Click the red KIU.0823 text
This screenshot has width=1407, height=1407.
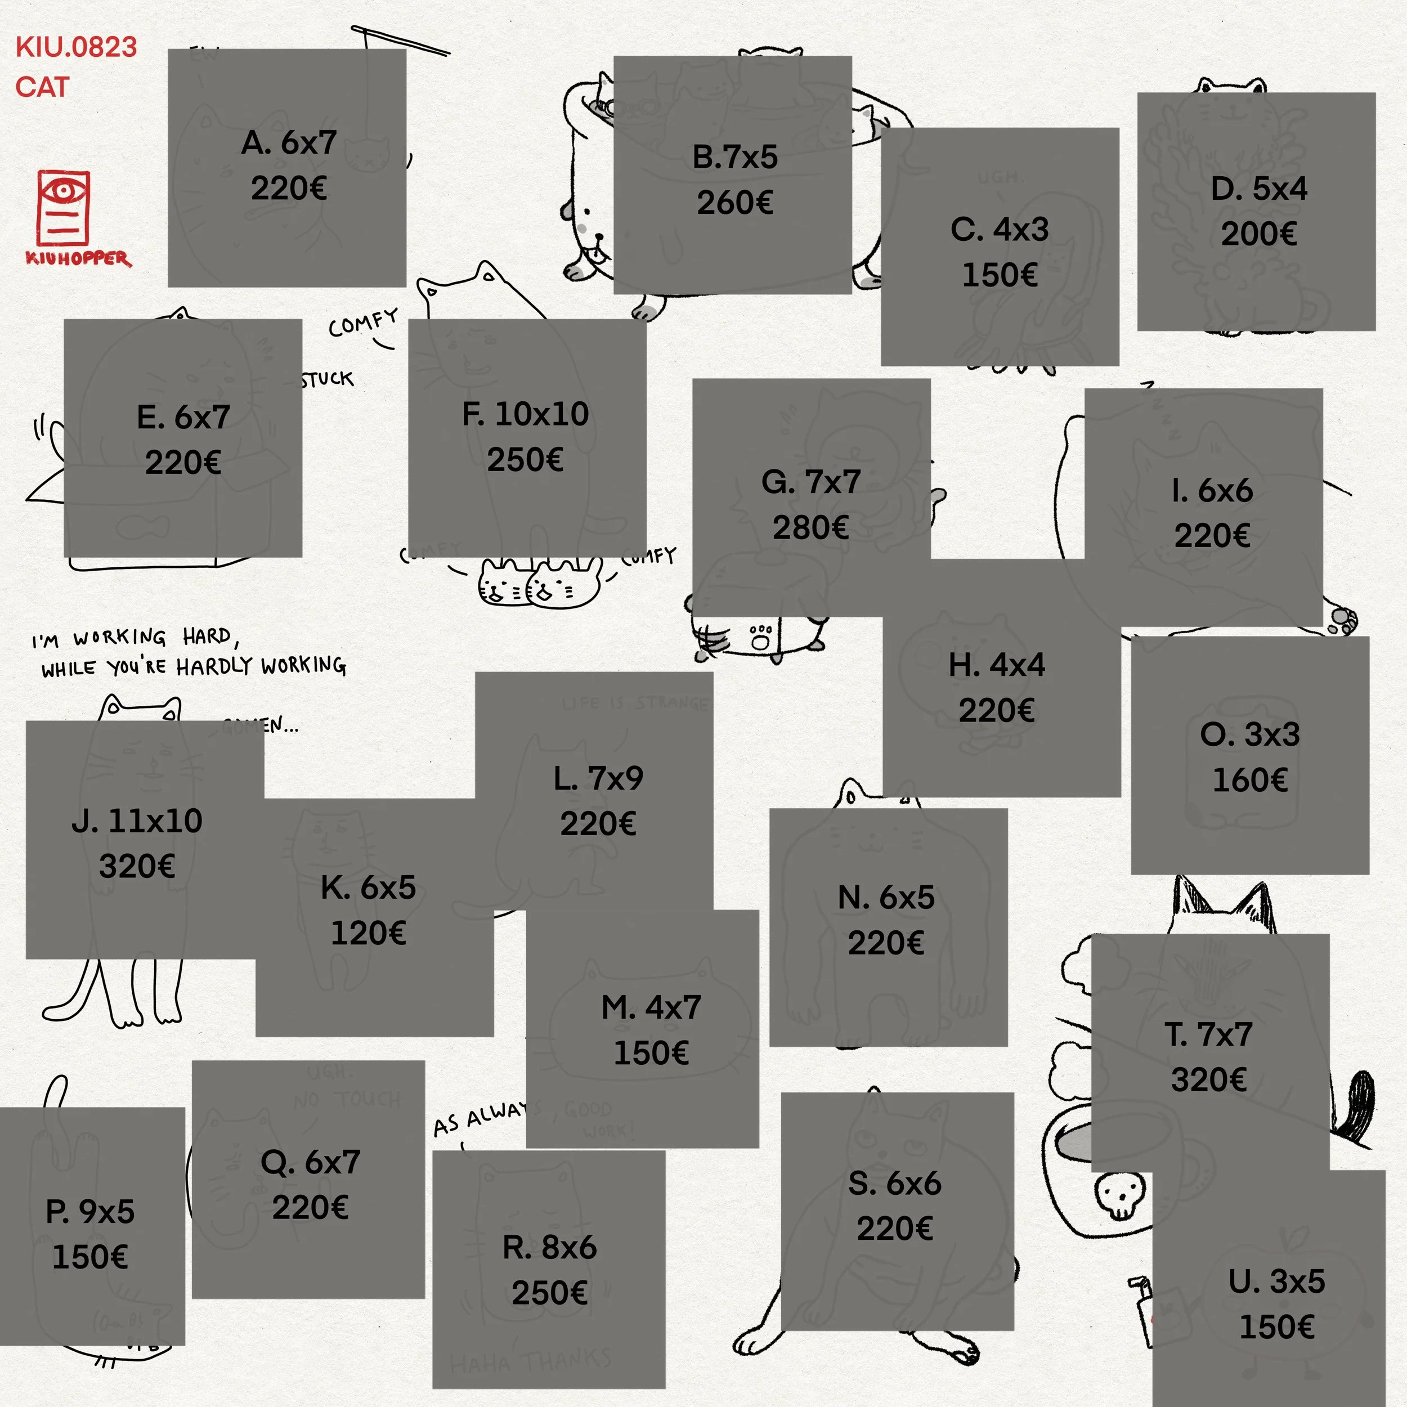pyautogui.click(x=77, y=47)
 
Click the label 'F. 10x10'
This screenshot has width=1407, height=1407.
pyautogui.click(x=525, y=414)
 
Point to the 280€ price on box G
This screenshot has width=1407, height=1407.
pyautogui.click(x=810, y=528)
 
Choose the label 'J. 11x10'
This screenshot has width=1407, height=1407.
pyautogui.click(x=137, y=821)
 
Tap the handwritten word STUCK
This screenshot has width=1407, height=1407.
pyautogui.click(x=328, y=379)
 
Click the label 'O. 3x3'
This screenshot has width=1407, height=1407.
pyautogui.click(x=1249, y=734)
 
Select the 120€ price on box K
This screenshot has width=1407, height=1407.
pyautogui.click(x=369, y=933)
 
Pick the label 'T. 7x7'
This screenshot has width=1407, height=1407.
pyautogui.click(x=1209, y=1034)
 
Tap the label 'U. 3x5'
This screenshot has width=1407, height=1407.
pyautogui.click(x=1276, y=1281)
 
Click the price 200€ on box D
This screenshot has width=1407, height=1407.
pyautogui.click(x=1258, y=234)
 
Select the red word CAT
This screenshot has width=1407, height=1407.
pyautogui.click(x=42, y=87)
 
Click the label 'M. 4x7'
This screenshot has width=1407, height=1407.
pyautogui.click(x=651, y=1008)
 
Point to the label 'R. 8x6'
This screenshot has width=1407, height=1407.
pyautogui.click(x=549, y=1248)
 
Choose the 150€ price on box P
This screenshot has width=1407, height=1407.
pyautogui.click(x=90, y=1257)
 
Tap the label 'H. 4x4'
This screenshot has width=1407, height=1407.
pyautogui.click(x=996, y=665)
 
